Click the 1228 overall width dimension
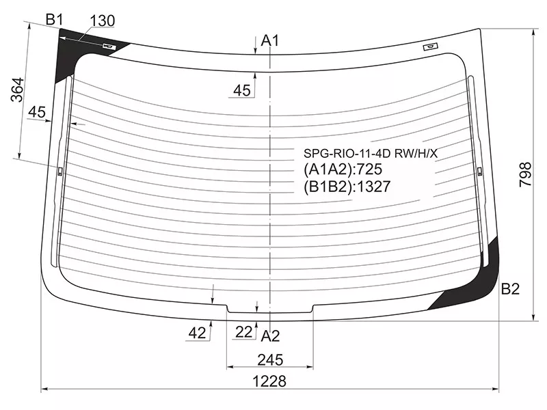[x=269, y=381]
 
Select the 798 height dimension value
[x=525, y=174]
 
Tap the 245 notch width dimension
[x=270, y=360]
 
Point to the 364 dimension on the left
[x=18, y=90]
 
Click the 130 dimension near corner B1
[x=102, y=21]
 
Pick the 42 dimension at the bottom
[x=197, y=333]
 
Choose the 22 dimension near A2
[x=243, y=332]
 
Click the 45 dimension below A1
[x=242, y=91]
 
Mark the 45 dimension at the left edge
[x=37, y=112]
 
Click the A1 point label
[x=270, y=41]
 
